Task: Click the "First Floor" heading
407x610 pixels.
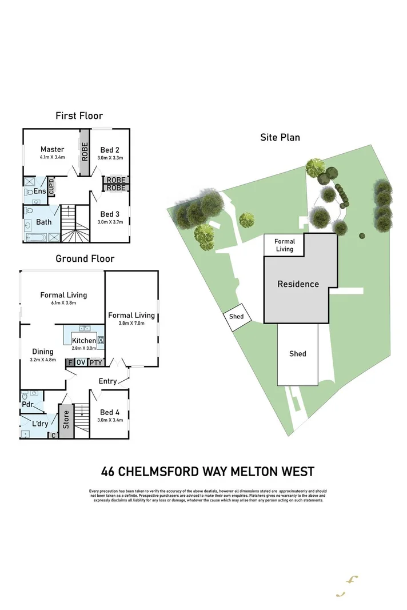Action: click(x=79, y=116)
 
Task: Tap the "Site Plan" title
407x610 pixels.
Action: click(x=280, y=137)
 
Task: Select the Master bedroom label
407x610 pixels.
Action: click(x=52, y=150)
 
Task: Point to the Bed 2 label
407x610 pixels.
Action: click(x=110, y=150)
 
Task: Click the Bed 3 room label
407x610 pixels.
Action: click(x=110, y=214)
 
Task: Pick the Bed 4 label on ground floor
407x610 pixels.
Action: click(x=110, y=412)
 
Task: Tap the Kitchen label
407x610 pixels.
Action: click(x=83, y=341)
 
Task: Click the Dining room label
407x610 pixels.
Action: click(x=42, y=352)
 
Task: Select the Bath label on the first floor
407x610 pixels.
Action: click(x=44, y=222)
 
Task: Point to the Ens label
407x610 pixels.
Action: click(x=39, y=192)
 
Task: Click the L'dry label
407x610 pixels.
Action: click(x=40, y=424)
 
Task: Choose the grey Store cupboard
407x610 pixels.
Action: click(x=66, y=420)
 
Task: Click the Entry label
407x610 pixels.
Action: click(x=107, y=381)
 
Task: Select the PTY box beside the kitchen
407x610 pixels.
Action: click(x=96, y=362)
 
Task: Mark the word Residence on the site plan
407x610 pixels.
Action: click(x=298, y=284)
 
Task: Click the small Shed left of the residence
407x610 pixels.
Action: click(x=236, y=317)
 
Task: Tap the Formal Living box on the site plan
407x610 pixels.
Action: click(x=284, y=245)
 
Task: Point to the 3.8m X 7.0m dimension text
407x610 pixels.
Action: click(x=132, y=324)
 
